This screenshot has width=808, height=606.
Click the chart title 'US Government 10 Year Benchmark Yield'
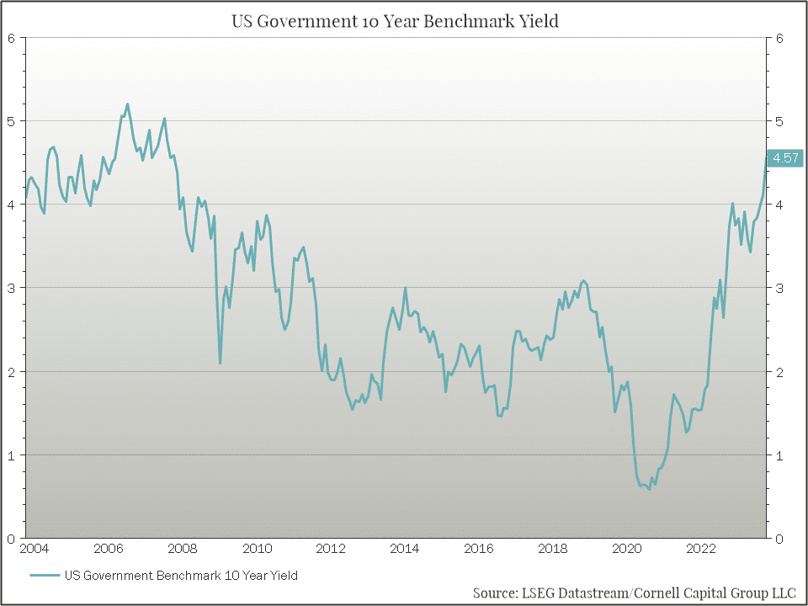coord(395,21)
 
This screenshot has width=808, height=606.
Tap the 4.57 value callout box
coord(786,157)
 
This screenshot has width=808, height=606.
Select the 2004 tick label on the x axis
coord(34,550)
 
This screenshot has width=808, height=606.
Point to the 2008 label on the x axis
coord(183,550)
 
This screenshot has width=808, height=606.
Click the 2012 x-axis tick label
coord(331,550)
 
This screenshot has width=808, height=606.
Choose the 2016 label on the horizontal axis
coord(479,550)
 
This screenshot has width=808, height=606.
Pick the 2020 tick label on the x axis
coord(627,550)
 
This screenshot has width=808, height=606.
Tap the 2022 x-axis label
coord(701,550)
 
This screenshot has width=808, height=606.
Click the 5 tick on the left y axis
coord(11,121)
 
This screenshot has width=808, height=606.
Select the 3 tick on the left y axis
coord(11,288)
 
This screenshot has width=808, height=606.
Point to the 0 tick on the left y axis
coord(11,539)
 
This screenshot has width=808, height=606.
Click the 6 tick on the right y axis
coord(780,38)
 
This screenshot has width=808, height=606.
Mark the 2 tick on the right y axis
coord(780,371)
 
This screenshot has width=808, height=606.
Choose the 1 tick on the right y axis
coord(780,455)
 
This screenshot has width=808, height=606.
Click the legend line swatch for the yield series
coord(45,576)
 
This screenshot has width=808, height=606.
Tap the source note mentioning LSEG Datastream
coord(634,593)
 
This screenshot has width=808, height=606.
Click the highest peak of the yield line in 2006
coord(127,104)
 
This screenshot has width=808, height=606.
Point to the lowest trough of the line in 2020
coord(649,489)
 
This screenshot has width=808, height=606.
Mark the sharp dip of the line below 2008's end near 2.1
coord(221,363)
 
